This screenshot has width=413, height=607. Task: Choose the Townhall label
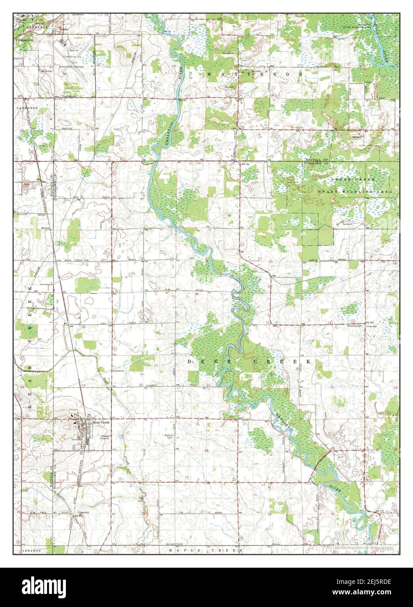(372, 326)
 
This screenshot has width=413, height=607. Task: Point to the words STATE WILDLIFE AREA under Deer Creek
(354, 192)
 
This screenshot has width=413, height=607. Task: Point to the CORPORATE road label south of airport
(69, 96)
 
